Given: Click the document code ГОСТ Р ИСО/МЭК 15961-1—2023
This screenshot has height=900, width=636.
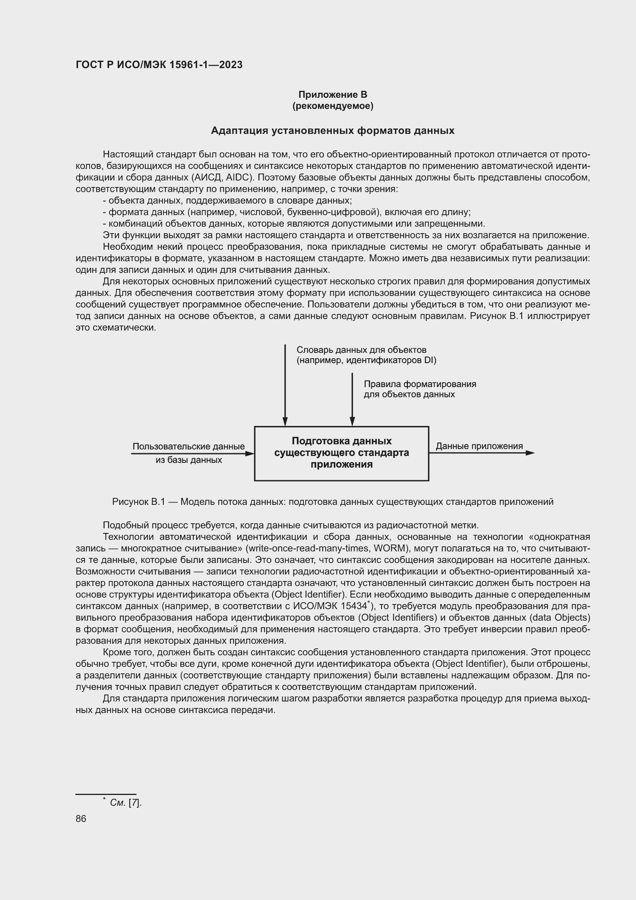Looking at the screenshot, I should pos(159,65).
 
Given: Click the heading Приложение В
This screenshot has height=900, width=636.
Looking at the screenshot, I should pos(333,95).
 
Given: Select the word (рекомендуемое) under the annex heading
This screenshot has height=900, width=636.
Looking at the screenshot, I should pos(333,106).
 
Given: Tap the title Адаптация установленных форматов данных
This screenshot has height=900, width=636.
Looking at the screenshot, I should pos(333,130).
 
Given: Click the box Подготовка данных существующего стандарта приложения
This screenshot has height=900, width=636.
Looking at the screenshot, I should pos(341,453).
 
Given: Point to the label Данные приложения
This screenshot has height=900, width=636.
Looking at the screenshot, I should pos(479,446).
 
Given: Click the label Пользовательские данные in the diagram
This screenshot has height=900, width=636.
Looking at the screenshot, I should pos(188,446).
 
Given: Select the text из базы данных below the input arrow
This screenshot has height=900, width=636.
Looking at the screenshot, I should pos(188,460).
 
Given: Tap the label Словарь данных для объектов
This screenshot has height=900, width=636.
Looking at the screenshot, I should pos(361,350).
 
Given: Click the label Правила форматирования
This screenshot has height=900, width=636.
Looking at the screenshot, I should pos(420,384).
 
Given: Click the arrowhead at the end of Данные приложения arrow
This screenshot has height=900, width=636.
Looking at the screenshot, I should pos(530,453).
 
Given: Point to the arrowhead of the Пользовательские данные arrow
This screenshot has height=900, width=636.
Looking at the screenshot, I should pos(250,454).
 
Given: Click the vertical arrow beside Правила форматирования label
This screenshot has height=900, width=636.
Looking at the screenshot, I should pos(352,400).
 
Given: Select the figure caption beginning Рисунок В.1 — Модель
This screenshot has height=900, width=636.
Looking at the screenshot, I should pos(333,502).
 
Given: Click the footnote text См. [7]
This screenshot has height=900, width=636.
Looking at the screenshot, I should pos(125,803).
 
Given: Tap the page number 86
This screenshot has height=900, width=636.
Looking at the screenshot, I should pos(81,819).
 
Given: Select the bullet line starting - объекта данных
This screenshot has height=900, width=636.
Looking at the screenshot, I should pos(227,201).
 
